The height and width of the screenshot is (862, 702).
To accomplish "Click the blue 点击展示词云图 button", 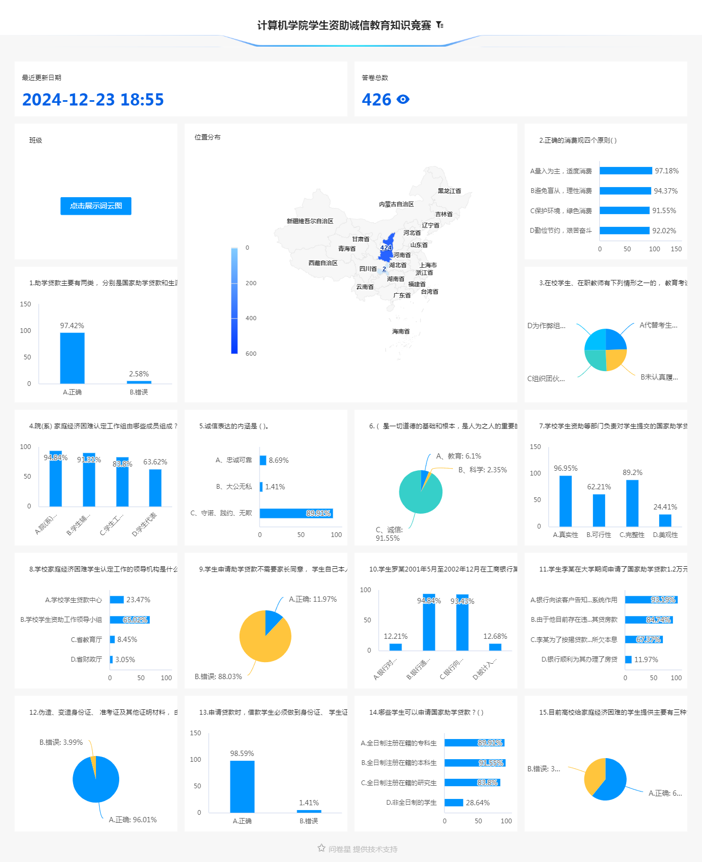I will coord(96,206).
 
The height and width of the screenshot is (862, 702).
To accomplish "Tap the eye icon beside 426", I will coord(403,99).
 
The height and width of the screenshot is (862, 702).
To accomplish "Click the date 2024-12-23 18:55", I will coord(93,100).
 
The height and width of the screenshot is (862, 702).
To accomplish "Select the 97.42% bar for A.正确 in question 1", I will coord(72,358).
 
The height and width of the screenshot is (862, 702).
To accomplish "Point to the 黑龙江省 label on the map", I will coord(449,191).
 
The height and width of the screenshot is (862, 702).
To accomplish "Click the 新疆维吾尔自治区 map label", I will coord(310,221).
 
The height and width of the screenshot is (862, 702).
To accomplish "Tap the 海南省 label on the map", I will coord(401,331).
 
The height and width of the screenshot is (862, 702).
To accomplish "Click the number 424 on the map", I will coord(386,248).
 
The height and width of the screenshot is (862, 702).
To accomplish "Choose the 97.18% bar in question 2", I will coord(626,171).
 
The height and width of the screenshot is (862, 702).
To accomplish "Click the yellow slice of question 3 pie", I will coord(615,359).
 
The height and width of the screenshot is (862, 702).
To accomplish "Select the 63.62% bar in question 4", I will coord(155,488).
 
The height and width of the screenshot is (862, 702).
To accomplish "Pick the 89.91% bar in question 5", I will coord(296,513).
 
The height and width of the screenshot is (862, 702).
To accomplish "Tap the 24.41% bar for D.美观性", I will coord(665,521).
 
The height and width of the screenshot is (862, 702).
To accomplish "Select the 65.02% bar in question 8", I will coord(129,620).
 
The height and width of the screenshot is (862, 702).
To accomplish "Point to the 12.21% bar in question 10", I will coord(396,647).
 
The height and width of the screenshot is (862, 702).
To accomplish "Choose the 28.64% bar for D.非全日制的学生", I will coord(454,803).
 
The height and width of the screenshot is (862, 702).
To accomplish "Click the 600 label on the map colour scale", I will coord(251,354).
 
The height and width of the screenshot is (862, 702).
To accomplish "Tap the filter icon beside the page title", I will coord(440,25).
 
